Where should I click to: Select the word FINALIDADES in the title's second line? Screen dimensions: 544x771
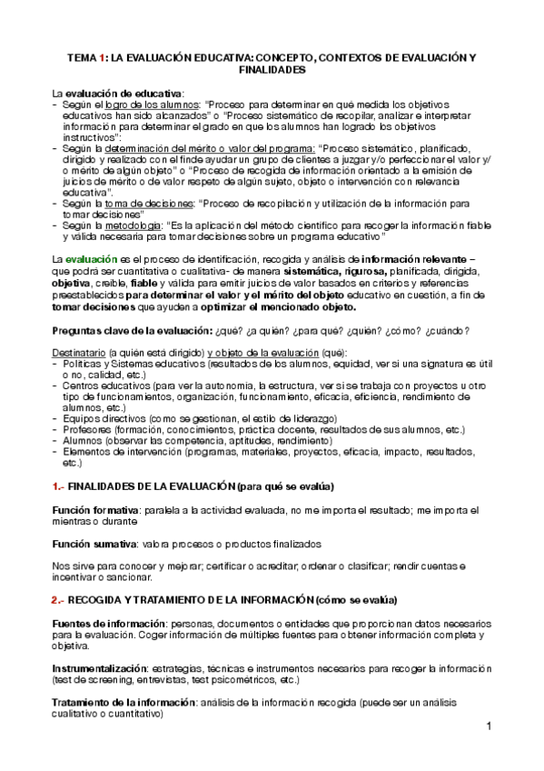point(272,69)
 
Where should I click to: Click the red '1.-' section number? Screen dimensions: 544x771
point(57,487)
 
